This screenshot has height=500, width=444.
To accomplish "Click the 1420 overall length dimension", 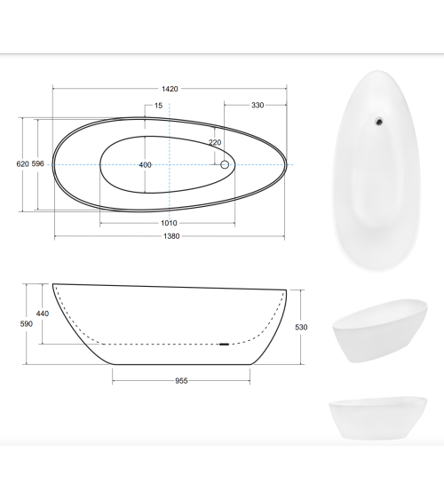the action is [170, 89].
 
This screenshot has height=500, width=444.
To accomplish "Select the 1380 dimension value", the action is [171, 236].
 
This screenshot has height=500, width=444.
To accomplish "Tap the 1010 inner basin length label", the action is [169, 223].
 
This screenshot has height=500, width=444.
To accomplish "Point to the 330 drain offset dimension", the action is [258, 105].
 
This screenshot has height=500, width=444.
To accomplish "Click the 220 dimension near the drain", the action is [215, 142].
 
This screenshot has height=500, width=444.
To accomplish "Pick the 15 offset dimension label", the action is [158, 106].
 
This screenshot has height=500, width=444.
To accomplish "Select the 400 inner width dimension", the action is [145, 165].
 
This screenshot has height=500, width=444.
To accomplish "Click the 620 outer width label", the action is [22, 164].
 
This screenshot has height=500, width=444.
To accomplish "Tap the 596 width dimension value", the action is [37, 164].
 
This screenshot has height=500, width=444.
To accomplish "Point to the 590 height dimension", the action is [26, 324].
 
